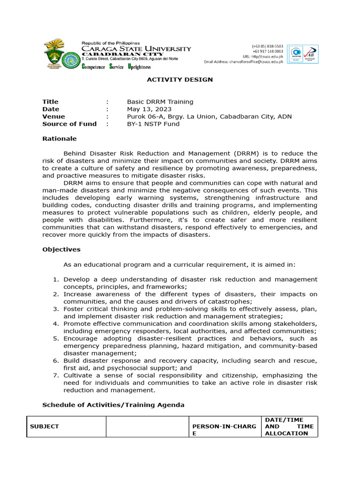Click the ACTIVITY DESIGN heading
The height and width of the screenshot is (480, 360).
click(x=180, y=80)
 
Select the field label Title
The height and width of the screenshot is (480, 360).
click(x=50, y=102)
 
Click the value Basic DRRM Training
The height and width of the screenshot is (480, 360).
click(x=160, y=102)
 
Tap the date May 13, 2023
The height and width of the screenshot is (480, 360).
click(x=147, y=109)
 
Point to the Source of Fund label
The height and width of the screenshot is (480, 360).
click(x=69, y=124)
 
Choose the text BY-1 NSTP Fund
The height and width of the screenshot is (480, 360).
click(x=153, y=124)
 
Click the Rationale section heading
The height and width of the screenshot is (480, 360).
click(x=59, y=139)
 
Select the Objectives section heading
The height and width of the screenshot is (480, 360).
click(x=61, y=249)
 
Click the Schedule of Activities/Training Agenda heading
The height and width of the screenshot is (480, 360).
click(x=113, y=405)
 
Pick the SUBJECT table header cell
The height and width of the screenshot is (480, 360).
click(x=45, y=427)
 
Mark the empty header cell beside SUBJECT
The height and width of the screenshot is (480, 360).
click(x=147, y=427)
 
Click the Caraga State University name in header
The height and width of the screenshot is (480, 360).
click(x=136, y=49)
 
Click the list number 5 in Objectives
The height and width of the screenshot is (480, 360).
click(x=55, y=338)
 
